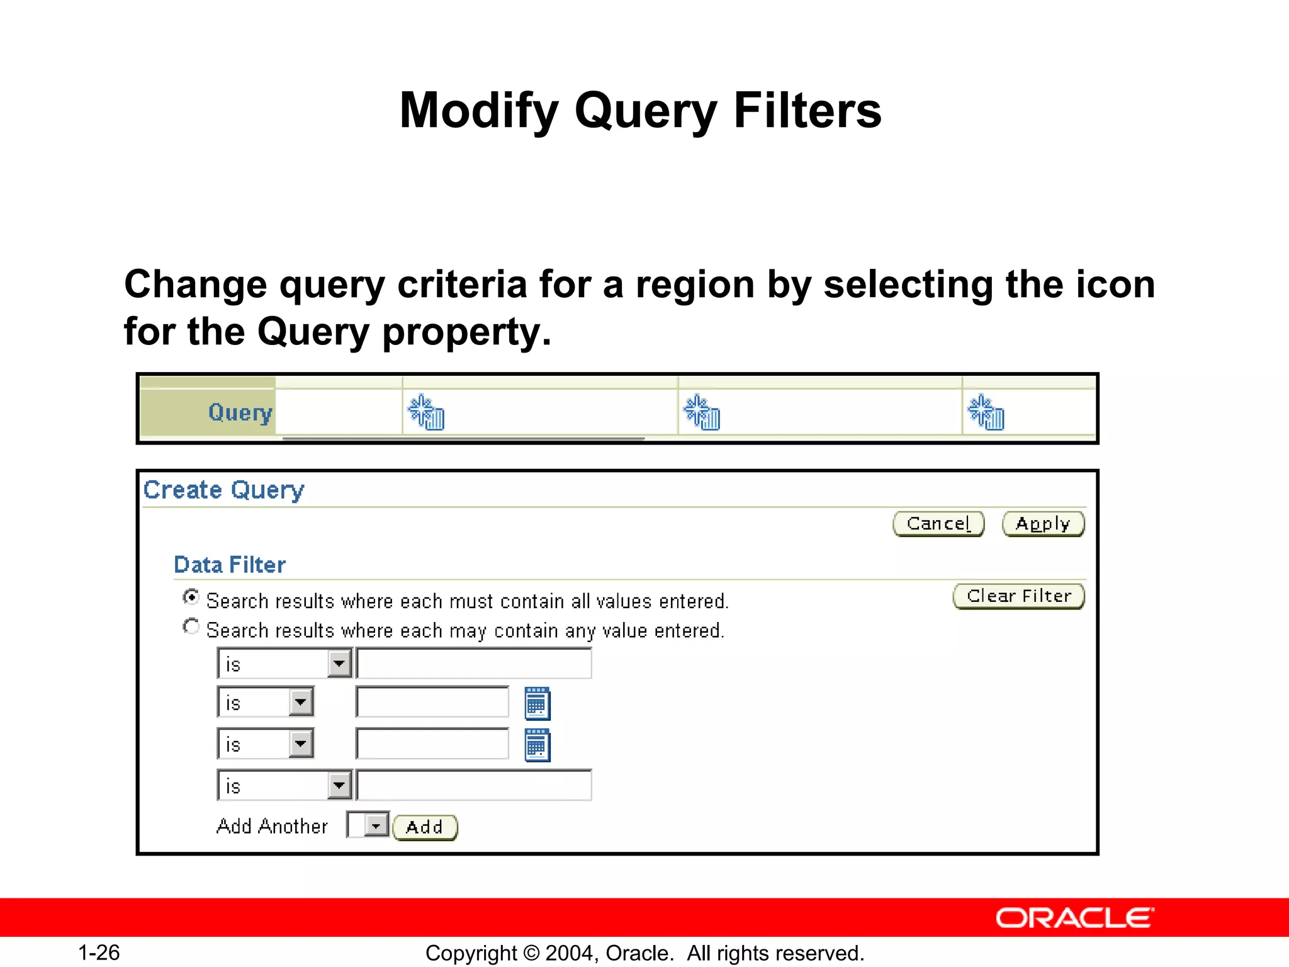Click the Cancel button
[938, 524]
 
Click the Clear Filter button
[1018, 596]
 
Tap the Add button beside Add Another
[425, 827]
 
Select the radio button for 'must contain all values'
[191, 597]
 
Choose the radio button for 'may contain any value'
[191, 626]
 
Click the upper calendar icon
[537, 703]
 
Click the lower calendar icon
[537, 745]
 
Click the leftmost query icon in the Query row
[426, 413]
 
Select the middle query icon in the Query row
[702, 413]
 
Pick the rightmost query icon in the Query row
[986, 413]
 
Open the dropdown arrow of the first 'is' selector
[339, 664]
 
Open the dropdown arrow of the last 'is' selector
[339, 786]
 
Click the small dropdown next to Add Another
[376, 825]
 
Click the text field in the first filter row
[474, 664]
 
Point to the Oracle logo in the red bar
[1074, 919]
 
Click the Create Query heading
[223, 490]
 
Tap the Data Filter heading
[229, 565]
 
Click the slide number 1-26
[99, 953]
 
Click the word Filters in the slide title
[808, 111]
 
